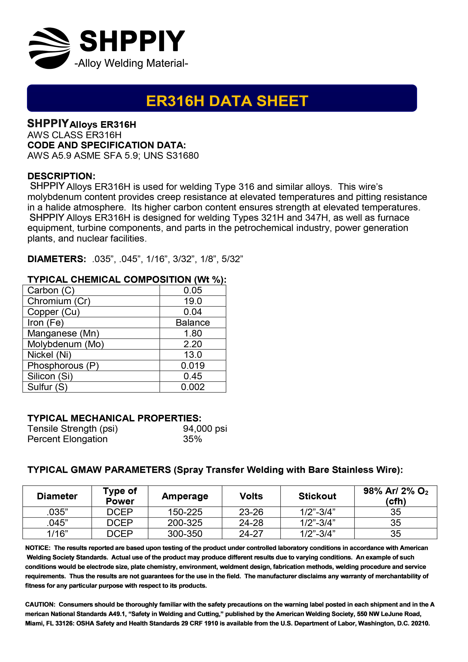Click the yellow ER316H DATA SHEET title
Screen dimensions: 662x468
(227, 101)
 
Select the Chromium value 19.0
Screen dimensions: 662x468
(193, 301)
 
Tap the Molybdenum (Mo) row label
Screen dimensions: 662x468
(65, 344)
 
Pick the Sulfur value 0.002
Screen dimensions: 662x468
(193, 387)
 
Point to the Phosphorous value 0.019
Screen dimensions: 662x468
(193, 366)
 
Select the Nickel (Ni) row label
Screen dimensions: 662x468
(49, 355)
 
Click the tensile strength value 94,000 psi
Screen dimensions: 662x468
(205, 429)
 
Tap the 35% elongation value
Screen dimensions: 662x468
(192, 439)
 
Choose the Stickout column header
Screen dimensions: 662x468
(317, 496)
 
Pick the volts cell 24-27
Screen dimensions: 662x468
(251, 534)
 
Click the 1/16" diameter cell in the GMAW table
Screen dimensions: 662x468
(57, 534)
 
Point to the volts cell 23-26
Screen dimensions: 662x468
(251, 512)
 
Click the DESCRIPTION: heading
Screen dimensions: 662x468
(61, 176)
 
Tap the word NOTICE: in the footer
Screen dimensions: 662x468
(38, 548)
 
